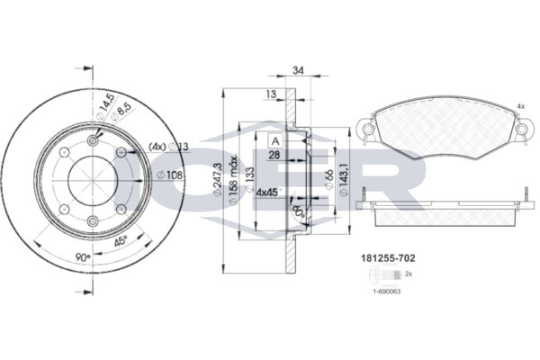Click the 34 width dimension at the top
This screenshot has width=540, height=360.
click(299, 70)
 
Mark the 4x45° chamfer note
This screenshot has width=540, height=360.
click(268, 192)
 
